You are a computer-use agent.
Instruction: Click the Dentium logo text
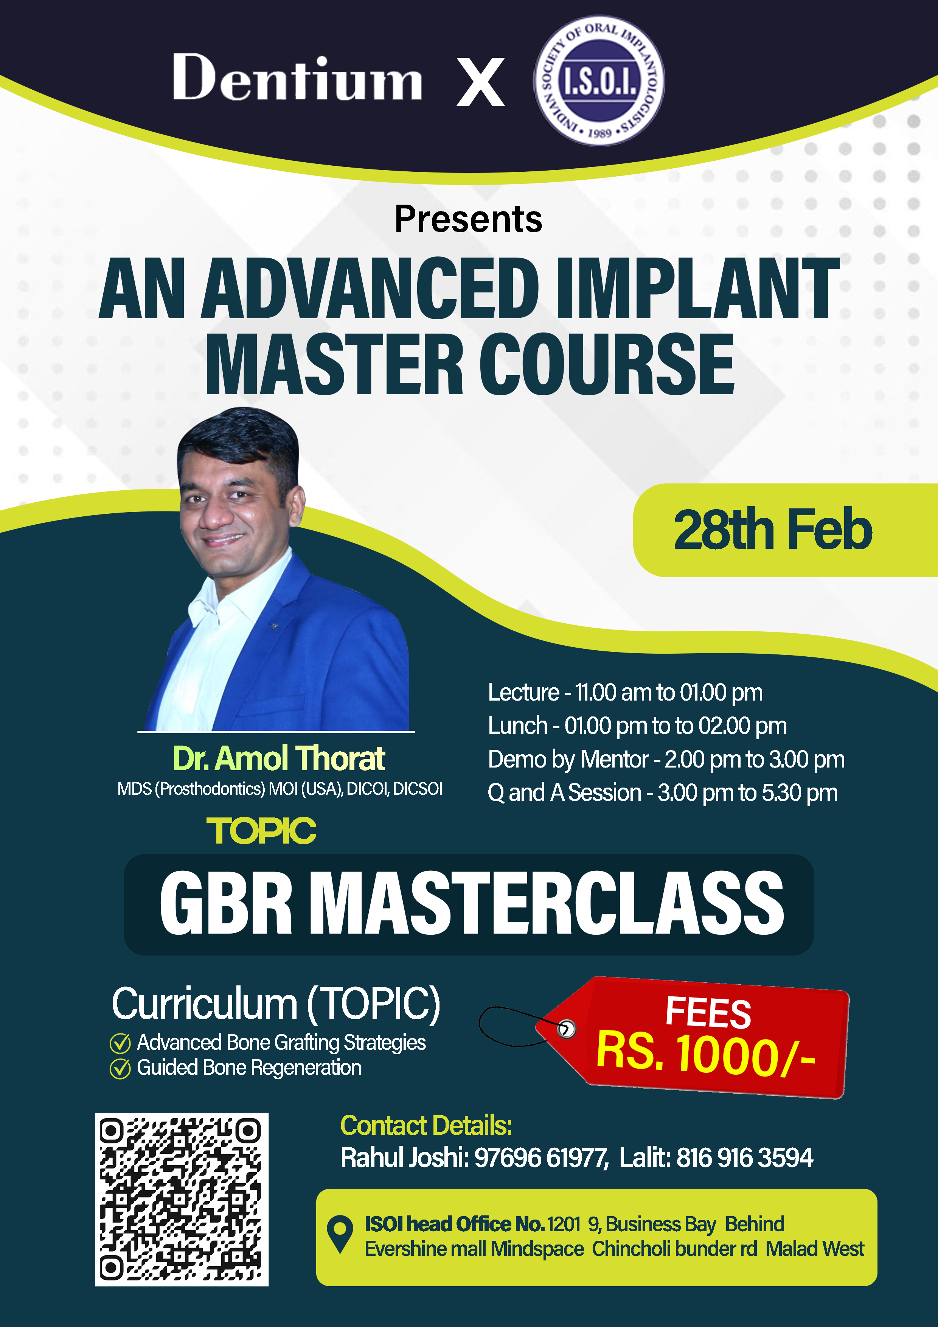297,78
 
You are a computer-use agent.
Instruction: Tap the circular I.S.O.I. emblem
599,80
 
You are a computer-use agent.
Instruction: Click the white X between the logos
481,82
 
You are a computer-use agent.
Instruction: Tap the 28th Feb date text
773,530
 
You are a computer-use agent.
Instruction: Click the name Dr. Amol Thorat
279,758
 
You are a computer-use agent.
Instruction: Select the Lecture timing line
625,692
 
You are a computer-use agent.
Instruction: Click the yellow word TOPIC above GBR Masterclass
261,831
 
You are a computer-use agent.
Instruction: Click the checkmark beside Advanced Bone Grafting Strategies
120,1043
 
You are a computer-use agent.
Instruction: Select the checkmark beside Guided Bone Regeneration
120,1069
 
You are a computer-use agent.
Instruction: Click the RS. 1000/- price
706,1055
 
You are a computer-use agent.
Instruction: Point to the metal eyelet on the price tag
566,1029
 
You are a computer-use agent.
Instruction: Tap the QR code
182,1199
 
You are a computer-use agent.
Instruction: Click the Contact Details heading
426,1126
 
